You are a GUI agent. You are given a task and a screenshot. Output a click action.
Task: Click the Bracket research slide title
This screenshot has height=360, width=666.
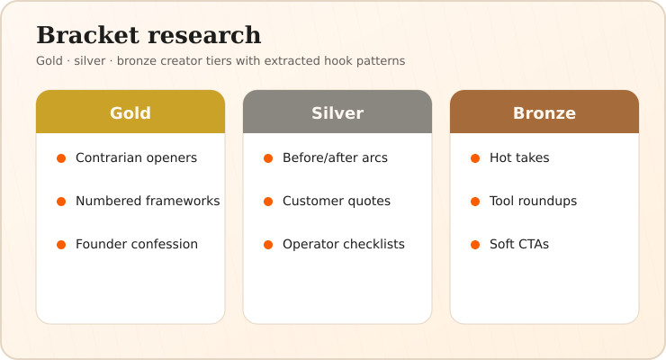(x=148, y=35)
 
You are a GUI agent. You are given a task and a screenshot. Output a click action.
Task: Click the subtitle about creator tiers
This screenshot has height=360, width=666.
(x=220, y=61)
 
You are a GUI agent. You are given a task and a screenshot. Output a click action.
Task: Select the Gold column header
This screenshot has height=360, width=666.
(x=130, y=112)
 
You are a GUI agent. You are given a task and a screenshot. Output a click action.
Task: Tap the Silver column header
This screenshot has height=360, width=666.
(x=337, y=112)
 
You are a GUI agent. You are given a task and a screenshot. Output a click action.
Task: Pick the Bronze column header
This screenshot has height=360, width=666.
(x=544, y=112)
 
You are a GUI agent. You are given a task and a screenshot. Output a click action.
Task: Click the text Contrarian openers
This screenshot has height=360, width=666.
(x=136, y=157)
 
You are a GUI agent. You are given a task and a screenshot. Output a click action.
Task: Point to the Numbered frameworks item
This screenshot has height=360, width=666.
(x=148, y=202)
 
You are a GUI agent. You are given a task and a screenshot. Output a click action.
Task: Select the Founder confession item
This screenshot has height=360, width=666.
(x=137, y=245)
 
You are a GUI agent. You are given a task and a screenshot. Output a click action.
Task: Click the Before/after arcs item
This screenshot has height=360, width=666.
(x=335, y=157)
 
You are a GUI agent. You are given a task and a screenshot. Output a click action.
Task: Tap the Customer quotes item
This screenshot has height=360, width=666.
(x=337, y=202)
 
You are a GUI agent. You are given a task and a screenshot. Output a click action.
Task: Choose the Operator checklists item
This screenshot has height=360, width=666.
(x=344, y=245)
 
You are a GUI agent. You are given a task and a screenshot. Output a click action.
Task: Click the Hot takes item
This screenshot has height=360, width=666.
(x=519, y=157)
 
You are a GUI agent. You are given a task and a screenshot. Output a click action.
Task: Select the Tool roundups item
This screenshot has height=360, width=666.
(x=534, y=202)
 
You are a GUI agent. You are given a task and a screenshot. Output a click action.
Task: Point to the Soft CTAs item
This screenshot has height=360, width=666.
(x=519, y=245)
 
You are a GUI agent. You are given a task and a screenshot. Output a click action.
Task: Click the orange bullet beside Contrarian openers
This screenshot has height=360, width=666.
(x=61, y=158)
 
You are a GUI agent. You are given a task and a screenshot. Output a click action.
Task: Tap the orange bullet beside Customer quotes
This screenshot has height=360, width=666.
(x=268, y=202)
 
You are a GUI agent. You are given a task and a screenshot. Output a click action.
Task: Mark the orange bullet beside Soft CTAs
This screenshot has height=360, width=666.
(x=475, y=245)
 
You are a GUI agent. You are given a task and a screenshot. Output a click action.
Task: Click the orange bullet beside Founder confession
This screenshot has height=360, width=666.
(x=61, y=245)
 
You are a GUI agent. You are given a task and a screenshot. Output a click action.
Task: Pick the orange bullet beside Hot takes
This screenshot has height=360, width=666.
(x=475, y=158)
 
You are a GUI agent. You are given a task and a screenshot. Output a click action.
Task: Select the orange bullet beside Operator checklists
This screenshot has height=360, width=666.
(x=268, y=245)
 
